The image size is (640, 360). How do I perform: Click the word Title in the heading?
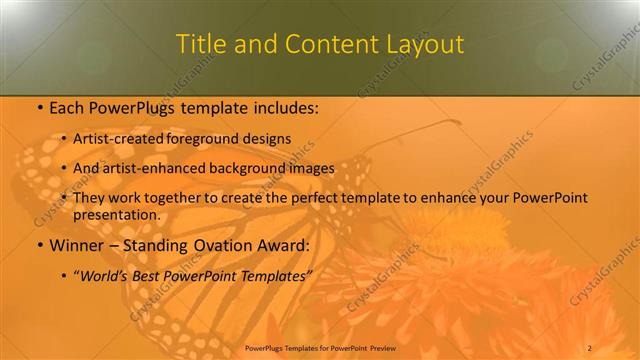(200, 44)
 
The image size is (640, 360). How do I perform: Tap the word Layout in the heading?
(427, 44)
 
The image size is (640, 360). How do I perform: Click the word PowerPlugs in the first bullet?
(130, 108)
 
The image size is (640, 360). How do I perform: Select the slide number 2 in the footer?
(590, 347)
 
